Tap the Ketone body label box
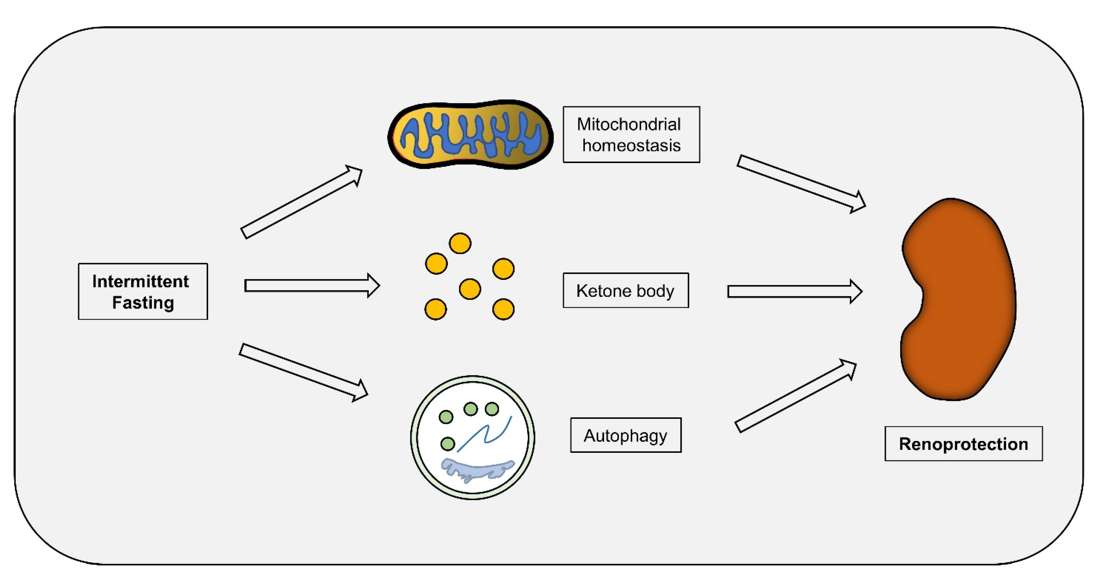pos(625,290)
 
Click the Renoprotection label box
pos(963,444)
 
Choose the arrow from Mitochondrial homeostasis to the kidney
pos(801,183)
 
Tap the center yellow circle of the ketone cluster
pos(470,289)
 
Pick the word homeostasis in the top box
pos(631,146)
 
